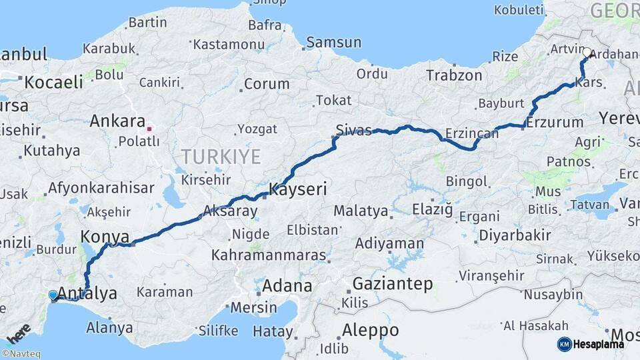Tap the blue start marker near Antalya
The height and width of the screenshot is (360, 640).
[x=53, y=295]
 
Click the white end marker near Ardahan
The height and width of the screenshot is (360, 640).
[x=587, y=52]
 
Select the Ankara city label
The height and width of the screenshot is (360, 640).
[x=117, y=122]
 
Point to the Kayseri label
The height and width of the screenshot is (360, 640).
[x=297, y=190]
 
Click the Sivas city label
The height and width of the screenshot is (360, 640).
[x=354, y=131]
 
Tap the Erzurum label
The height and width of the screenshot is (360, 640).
[x=555, y=123]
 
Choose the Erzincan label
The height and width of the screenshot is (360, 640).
[x=472, y=133]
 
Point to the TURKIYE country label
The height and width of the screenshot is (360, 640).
[x=221, y=157]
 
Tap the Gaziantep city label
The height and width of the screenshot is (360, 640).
[x=393, y=284]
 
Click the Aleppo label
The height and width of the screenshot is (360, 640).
[x=370, y=330]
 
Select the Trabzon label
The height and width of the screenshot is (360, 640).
[x=454, y=75]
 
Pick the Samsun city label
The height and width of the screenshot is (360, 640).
[x=333, y=43]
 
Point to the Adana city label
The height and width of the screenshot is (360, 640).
[x=287, y=286]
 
